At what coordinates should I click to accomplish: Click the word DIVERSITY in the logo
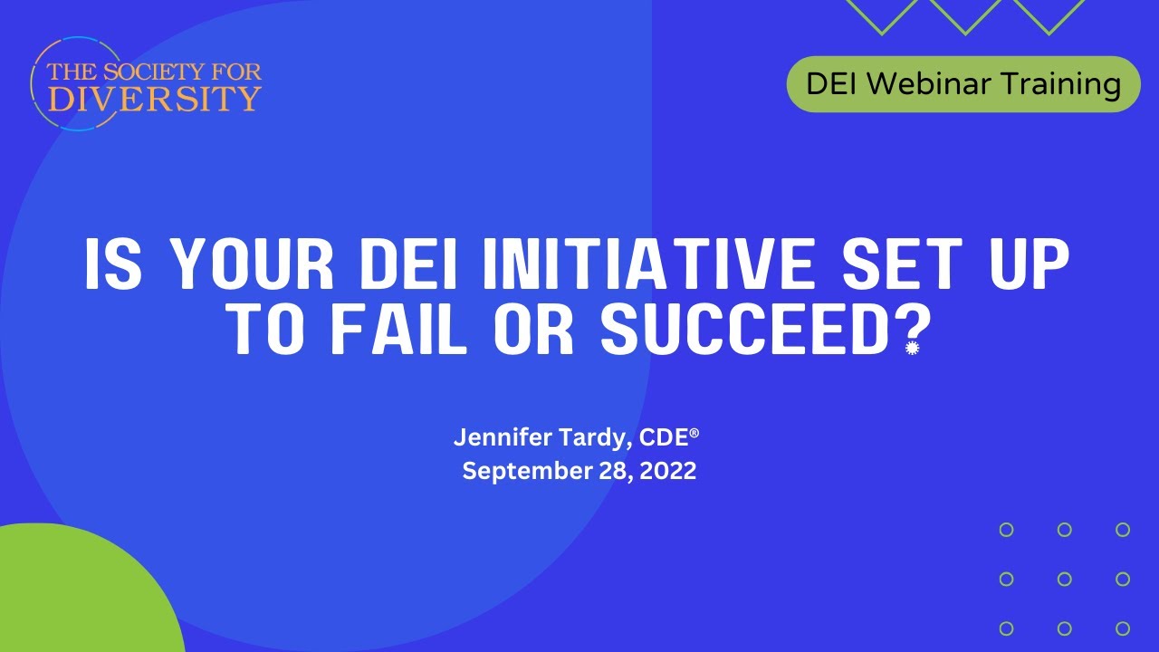(x=155, y=97)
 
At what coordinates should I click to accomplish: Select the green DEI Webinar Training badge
(x=963, y=84)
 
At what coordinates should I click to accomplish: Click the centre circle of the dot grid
(x=1065, y=579)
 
